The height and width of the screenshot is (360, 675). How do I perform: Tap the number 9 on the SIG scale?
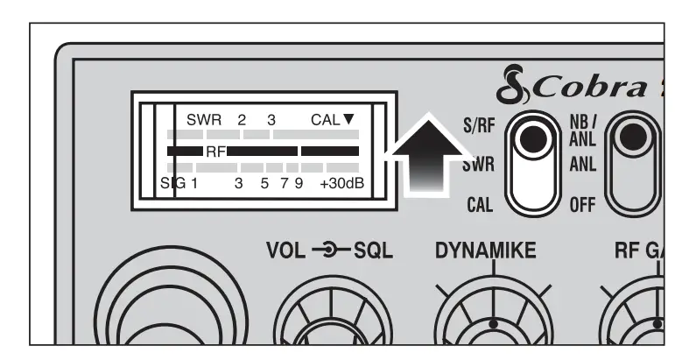[x=299, y=184]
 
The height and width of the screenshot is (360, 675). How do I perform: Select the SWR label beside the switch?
[x=477, y=165]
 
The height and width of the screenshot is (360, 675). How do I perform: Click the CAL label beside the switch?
[x=480, y=207]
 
